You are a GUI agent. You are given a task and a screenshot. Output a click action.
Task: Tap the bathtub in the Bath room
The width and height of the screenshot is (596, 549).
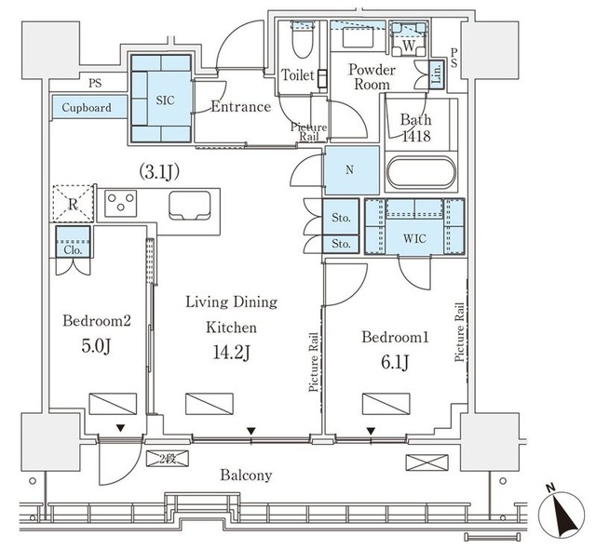421,172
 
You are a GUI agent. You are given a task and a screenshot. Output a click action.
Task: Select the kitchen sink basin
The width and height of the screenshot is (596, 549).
190,206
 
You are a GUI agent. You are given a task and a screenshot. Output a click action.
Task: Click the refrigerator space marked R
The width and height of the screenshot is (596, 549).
73,203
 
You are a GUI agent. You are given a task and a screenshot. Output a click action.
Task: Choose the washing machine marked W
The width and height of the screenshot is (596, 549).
409,39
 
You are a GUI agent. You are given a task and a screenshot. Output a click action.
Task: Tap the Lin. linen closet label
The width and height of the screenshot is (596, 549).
437,74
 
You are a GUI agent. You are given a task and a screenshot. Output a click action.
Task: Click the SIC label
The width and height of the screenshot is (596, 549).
166,100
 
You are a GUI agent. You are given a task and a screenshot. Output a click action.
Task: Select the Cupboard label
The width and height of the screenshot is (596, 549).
87,107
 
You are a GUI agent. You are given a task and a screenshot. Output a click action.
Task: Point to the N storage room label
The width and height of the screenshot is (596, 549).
350,169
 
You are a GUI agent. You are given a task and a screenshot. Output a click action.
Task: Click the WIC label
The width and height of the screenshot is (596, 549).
414,239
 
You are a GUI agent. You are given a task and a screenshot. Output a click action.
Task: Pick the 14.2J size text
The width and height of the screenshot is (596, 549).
231,354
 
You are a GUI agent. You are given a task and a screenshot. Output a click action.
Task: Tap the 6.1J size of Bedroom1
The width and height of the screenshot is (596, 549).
395,363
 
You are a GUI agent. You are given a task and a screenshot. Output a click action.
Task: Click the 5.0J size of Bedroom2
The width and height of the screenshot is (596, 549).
96,346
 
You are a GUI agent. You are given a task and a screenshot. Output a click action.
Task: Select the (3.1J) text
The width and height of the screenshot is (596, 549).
159,172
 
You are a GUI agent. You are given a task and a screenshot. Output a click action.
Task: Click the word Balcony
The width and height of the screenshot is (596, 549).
246,475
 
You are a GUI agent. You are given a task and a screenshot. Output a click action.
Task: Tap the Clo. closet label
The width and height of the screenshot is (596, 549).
73,250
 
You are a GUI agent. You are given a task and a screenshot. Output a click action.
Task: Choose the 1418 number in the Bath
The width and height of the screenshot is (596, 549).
416,136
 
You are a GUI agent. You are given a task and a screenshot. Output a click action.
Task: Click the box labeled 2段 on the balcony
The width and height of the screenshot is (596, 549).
168,459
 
